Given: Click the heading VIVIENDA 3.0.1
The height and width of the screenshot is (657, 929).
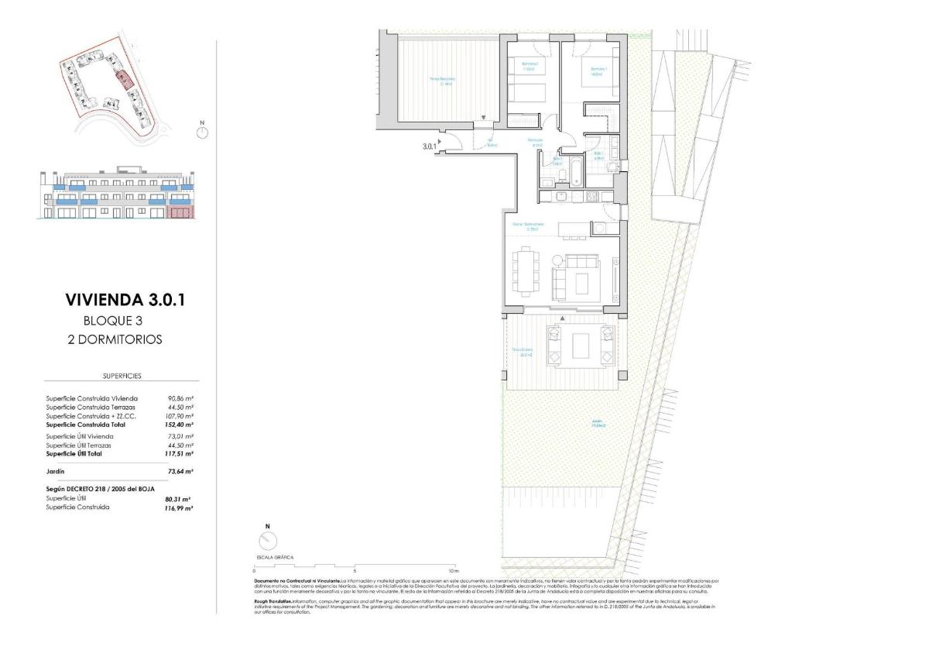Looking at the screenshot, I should (x=126, y=300).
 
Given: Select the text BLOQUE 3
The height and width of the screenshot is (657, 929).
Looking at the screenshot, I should (x=113, y=321).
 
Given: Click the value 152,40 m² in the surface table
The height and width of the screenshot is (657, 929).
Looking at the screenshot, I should (x=180, y=425).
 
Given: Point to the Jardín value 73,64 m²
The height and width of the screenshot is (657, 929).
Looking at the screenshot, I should (x=180, y=471).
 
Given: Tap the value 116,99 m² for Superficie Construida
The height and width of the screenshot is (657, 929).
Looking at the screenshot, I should (x=180, y=507).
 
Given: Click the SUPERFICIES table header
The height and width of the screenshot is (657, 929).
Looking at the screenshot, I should (x=122, y=376).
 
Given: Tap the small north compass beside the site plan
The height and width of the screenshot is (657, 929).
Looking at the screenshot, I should (x=202, y=132).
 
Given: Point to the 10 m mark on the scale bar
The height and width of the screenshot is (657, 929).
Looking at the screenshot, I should (x=454, y=570).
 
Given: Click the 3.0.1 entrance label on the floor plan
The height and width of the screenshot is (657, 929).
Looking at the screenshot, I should (x=429, y=146).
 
